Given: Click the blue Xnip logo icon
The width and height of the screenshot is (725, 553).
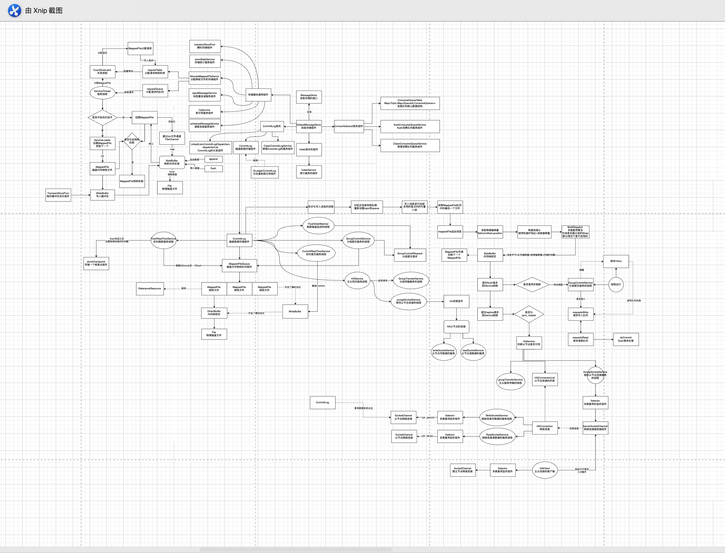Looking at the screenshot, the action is pos(14,10).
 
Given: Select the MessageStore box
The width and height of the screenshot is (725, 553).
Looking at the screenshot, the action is pos(309,97).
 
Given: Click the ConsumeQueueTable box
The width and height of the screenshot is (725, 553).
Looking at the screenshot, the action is pos(410,103).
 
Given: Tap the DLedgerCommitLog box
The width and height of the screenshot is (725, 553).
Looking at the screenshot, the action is pos(265,172).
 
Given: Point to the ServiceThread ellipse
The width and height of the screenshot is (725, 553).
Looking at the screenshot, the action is pos(102,93).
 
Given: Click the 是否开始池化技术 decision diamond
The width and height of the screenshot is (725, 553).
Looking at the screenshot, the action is pos(102,117).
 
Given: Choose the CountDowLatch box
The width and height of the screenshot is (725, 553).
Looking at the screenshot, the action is pos(102,71).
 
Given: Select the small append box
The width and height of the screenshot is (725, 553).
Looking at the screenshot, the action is pos(213,159).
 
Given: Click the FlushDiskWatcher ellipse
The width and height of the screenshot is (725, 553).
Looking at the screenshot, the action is pos(318,226).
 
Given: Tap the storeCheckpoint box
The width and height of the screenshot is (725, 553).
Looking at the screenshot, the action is pos(96,263).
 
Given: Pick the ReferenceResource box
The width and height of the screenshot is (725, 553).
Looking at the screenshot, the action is pos(150,289).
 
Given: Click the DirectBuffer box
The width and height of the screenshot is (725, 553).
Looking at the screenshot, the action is pos(214,313).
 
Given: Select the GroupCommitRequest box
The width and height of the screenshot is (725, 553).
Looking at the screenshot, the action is pos(410,255).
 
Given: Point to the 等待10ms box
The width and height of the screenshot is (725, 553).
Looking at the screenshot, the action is pos(616,261).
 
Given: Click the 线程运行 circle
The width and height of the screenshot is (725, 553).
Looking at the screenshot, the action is pos(616,284).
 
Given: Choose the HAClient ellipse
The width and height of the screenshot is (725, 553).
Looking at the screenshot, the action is pos(545,470).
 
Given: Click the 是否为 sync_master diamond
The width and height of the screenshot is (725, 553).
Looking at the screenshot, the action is pos(529,314).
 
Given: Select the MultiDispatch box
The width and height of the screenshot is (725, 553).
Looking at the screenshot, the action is pos(575,232).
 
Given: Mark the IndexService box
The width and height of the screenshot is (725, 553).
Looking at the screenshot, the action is pos(309,172).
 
